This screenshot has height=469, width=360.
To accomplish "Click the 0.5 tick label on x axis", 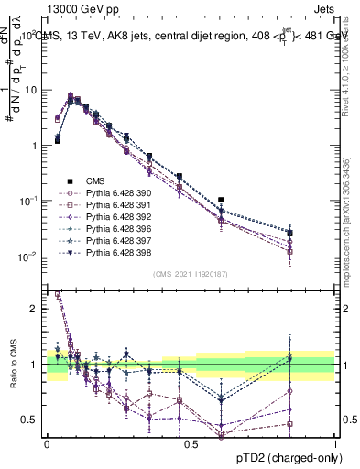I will (x=191, y=442).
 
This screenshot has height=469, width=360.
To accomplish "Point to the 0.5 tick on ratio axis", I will (x=31, y=420).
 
